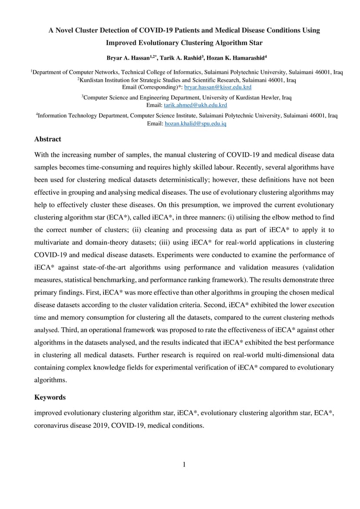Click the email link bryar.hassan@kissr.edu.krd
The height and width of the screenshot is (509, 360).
[x=218, y=87]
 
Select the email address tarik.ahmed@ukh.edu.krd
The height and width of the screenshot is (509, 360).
[x=195, y=105]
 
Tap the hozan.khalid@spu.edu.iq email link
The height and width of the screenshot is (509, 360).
[x=195, y=123]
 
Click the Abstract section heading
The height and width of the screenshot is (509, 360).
[x=48, y=139]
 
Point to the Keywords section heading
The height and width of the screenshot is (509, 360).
[x=50, y=397]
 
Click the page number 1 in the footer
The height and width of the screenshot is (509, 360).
[x=184, y=465]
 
